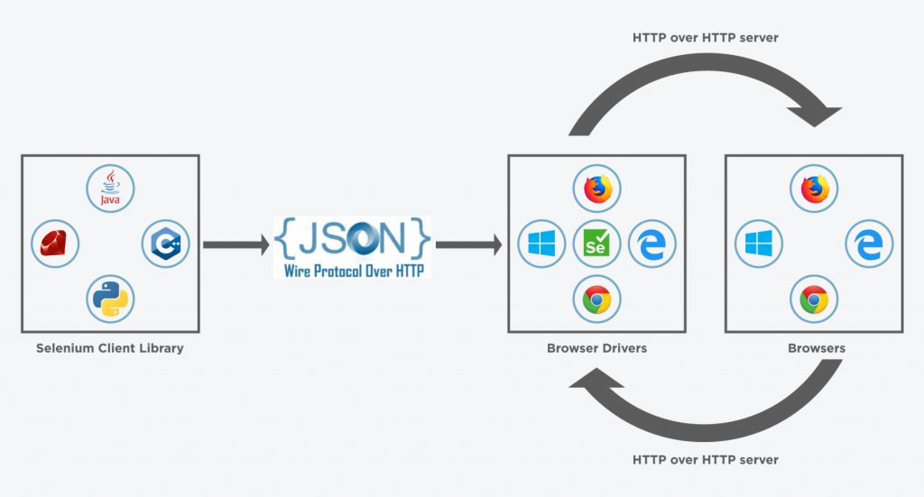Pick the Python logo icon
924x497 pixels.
[x=110, y=299]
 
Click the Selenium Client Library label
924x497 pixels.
[x=109, y=348]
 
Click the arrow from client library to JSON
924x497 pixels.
[x=237, y=244]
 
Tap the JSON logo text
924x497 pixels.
[x=353, y=235]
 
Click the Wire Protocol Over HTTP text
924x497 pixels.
[x=353, y=269]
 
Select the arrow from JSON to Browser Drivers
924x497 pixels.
[x=468, y=244]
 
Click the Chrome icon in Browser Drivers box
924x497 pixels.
[x=596, y=299]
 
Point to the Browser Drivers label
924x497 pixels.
[x=596, y=348]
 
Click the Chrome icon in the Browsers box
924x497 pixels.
[x=815, y=299]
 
